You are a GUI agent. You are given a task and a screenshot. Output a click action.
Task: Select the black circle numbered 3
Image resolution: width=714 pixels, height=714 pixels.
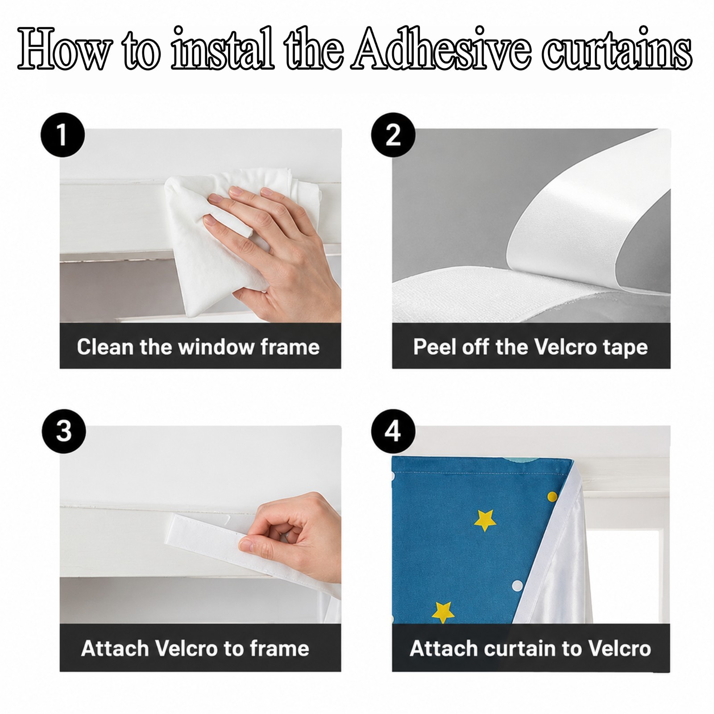pyautogui.click(x=64, y=431)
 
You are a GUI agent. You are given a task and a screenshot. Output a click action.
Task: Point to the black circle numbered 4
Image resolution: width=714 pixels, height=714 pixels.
pyautogui.click(x=393, y=431)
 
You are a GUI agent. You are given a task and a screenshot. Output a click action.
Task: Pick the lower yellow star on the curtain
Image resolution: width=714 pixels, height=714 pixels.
pyautogui.click(x=444, y=611)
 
